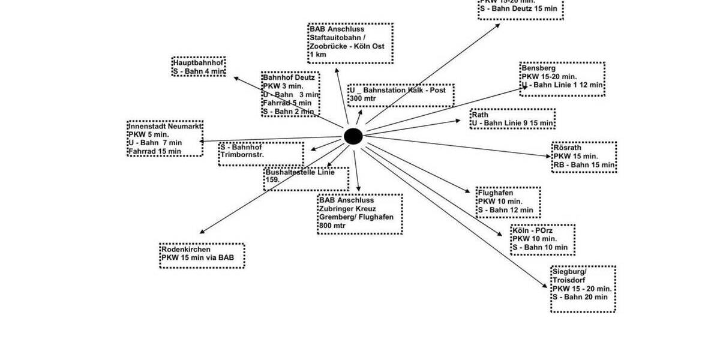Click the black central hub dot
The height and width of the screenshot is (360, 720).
coord(353,137)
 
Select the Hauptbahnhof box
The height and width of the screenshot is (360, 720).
coord(199,66)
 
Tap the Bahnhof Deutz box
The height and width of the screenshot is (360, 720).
coord(290,94)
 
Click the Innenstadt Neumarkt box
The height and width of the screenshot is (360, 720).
coord(165,139)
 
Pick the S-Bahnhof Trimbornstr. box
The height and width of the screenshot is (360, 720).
coord(261,154)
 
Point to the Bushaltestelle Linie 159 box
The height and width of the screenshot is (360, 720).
coord(306,178)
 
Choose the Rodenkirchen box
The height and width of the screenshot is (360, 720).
coord(202,256)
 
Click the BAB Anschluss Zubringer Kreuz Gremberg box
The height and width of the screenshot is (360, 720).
coord(359,214)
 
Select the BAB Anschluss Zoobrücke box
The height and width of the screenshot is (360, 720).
coord(350,43)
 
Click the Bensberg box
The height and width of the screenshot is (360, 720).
coord(562,79)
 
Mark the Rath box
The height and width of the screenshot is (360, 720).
coord(512,119)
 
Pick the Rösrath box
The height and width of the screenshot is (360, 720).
coord(584,157)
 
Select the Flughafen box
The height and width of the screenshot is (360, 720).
coord(508,202)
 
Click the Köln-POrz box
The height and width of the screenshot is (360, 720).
coord(542,239)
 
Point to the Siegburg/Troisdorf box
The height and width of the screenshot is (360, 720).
coord(583,289)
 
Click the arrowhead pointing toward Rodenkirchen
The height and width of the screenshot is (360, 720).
coord(202,232)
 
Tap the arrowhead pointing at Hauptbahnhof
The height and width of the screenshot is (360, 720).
coord(236,78)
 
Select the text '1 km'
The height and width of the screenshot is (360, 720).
coord(318,55)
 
